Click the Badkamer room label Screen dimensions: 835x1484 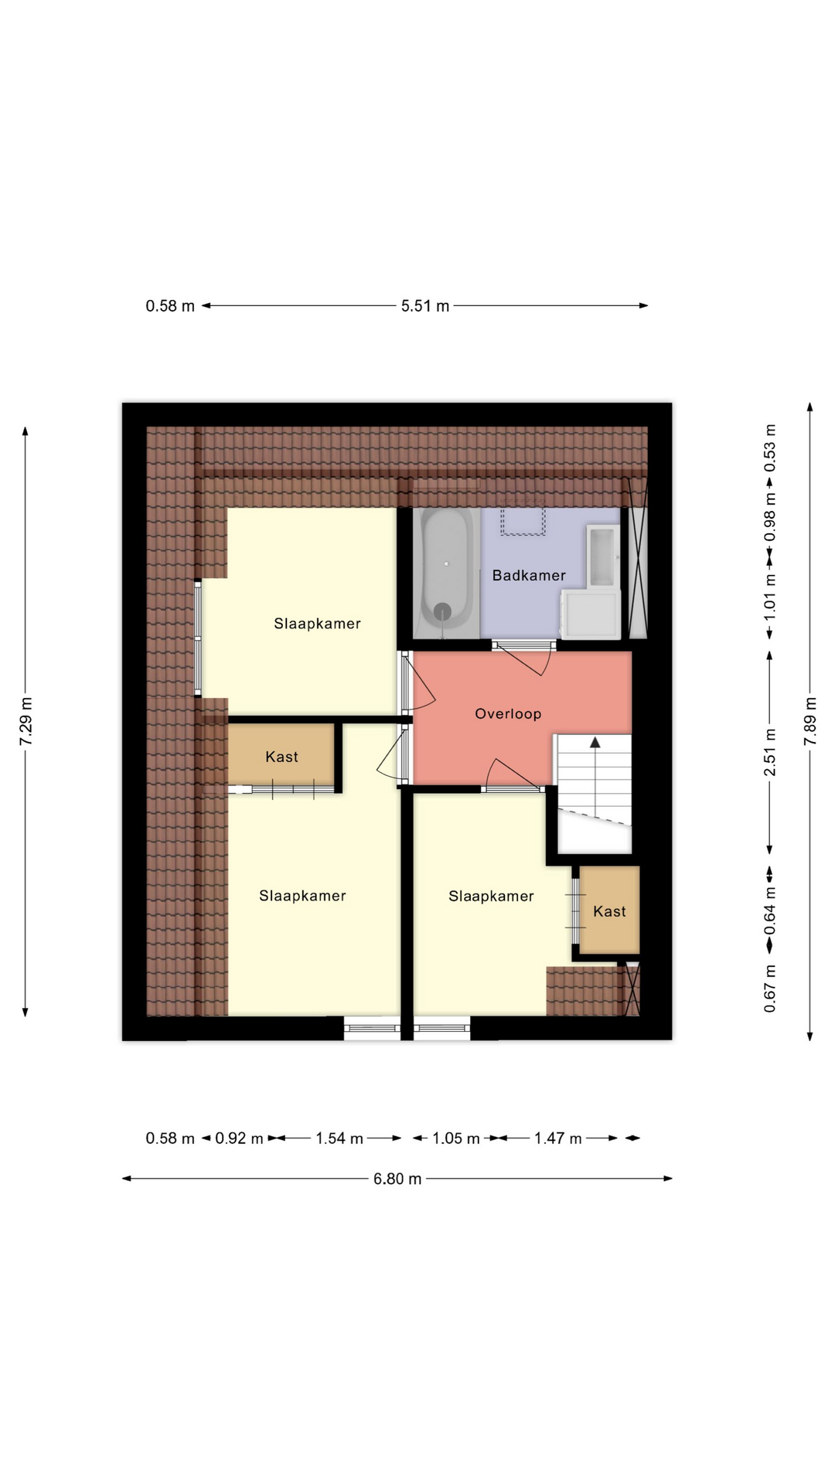click(x=529, y=575)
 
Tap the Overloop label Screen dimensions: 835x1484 click(x=508, y=713)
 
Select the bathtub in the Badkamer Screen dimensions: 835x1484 click(x=447, y=573)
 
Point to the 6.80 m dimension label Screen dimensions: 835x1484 click(x=397, y=1179)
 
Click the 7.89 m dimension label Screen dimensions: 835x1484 click(x=810, y=721)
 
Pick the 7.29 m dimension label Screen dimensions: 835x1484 click(x=26, y=721)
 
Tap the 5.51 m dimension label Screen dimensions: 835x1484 click(x=425, y=305)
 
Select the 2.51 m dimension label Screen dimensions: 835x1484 click(x=770, y=752)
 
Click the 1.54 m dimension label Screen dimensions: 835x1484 click(x=339, y=1138)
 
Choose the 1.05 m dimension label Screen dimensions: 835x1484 click(x=456, y=1138)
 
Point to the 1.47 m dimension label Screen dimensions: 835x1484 click(x=558, y=1138)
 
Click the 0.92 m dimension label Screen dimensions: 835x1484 click(x=240, y=1138)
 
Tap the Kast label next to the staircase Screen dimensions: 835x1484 click(x=609, y=911)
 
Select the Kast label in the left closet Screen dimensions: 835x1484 click(x=281, y=757)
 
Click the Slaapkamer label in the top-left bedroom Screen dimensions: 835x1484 click(x=317, y=624)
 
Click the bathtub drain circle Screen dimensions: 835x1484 click(x=441, y=611)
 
